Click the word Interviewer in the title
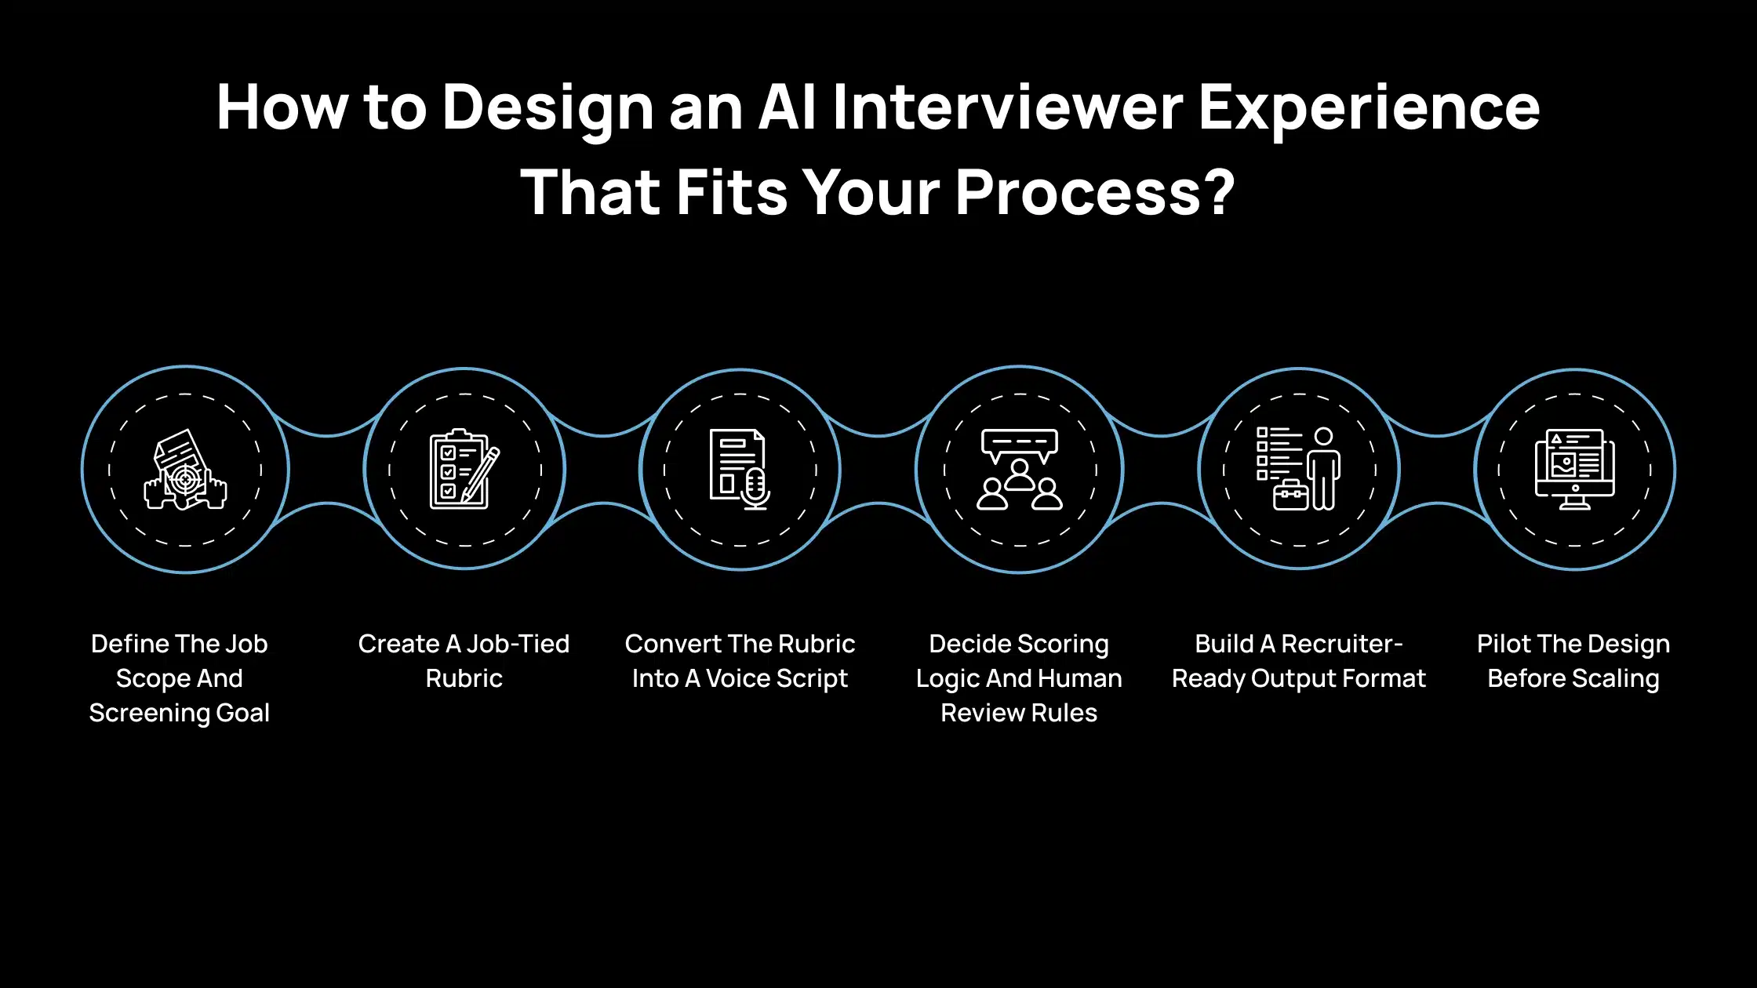[x=1007, y=108]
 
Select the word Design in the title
[x=547, y=108]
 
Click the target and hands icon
[x=185, y=470]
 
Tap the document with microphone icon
[x=740, y=469]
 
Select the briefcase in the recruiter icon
[x=1290, y=495]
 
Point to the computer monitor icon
[x=1574, y=469]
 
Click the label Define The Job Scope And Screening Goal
[x=180, y=678]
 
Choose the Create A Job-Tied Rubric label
[x=464, y=661]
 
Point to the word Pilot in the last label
[x=1503, y=644]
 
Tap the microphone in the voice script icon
[x=755, y=488]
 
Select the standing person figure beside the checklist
[x=1323, y=469]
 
